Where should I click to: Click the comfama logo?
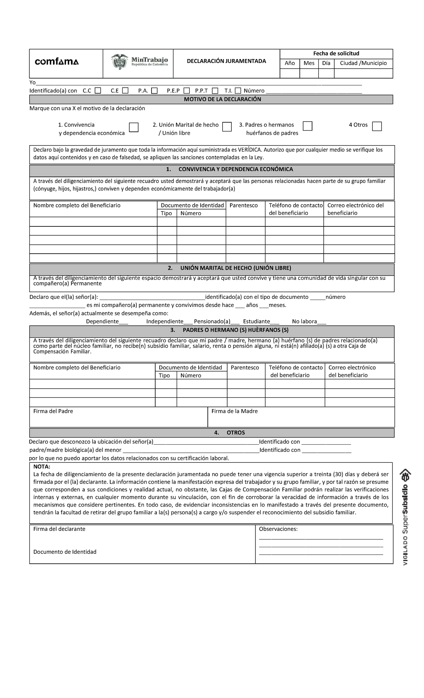[57, 62]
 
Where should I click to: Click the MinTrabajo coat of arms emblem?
[120, 61]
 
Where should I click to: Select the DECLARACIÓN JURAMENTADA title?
[226, 61]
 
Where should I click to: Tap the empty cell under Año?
[289, 73]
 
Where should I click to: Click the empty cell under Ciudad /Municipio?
[363, 73]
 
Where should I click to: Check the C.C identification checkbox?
[98, 91]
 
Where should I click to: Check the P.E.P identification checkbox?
[187, 91]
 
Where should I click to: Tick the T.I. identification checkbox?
[238, 91]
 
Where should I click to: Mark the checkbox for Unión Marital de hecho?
[227, 127]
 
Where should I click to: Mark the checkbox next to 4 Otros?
[377, 126]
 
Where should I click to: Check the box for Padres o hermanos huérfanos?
[307, 126]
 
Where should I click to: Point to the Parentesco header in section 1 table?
[243, 206]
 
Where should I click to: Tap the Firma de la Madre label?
[234, 411]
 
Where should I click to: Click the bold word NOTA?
[42, 467]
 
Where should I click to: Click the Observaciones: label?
[278, 529]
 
